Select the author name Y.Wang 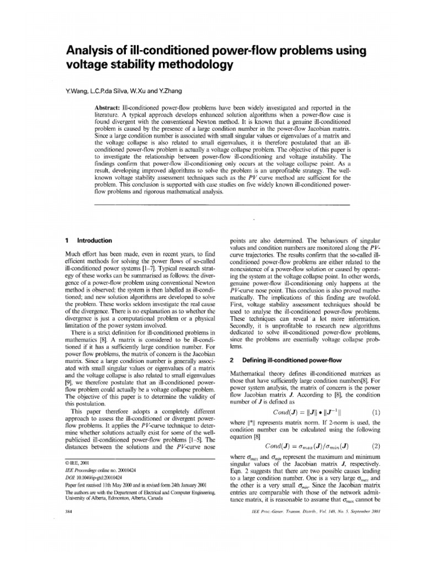click(78, 90)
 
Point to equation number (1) click(376, 412)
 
